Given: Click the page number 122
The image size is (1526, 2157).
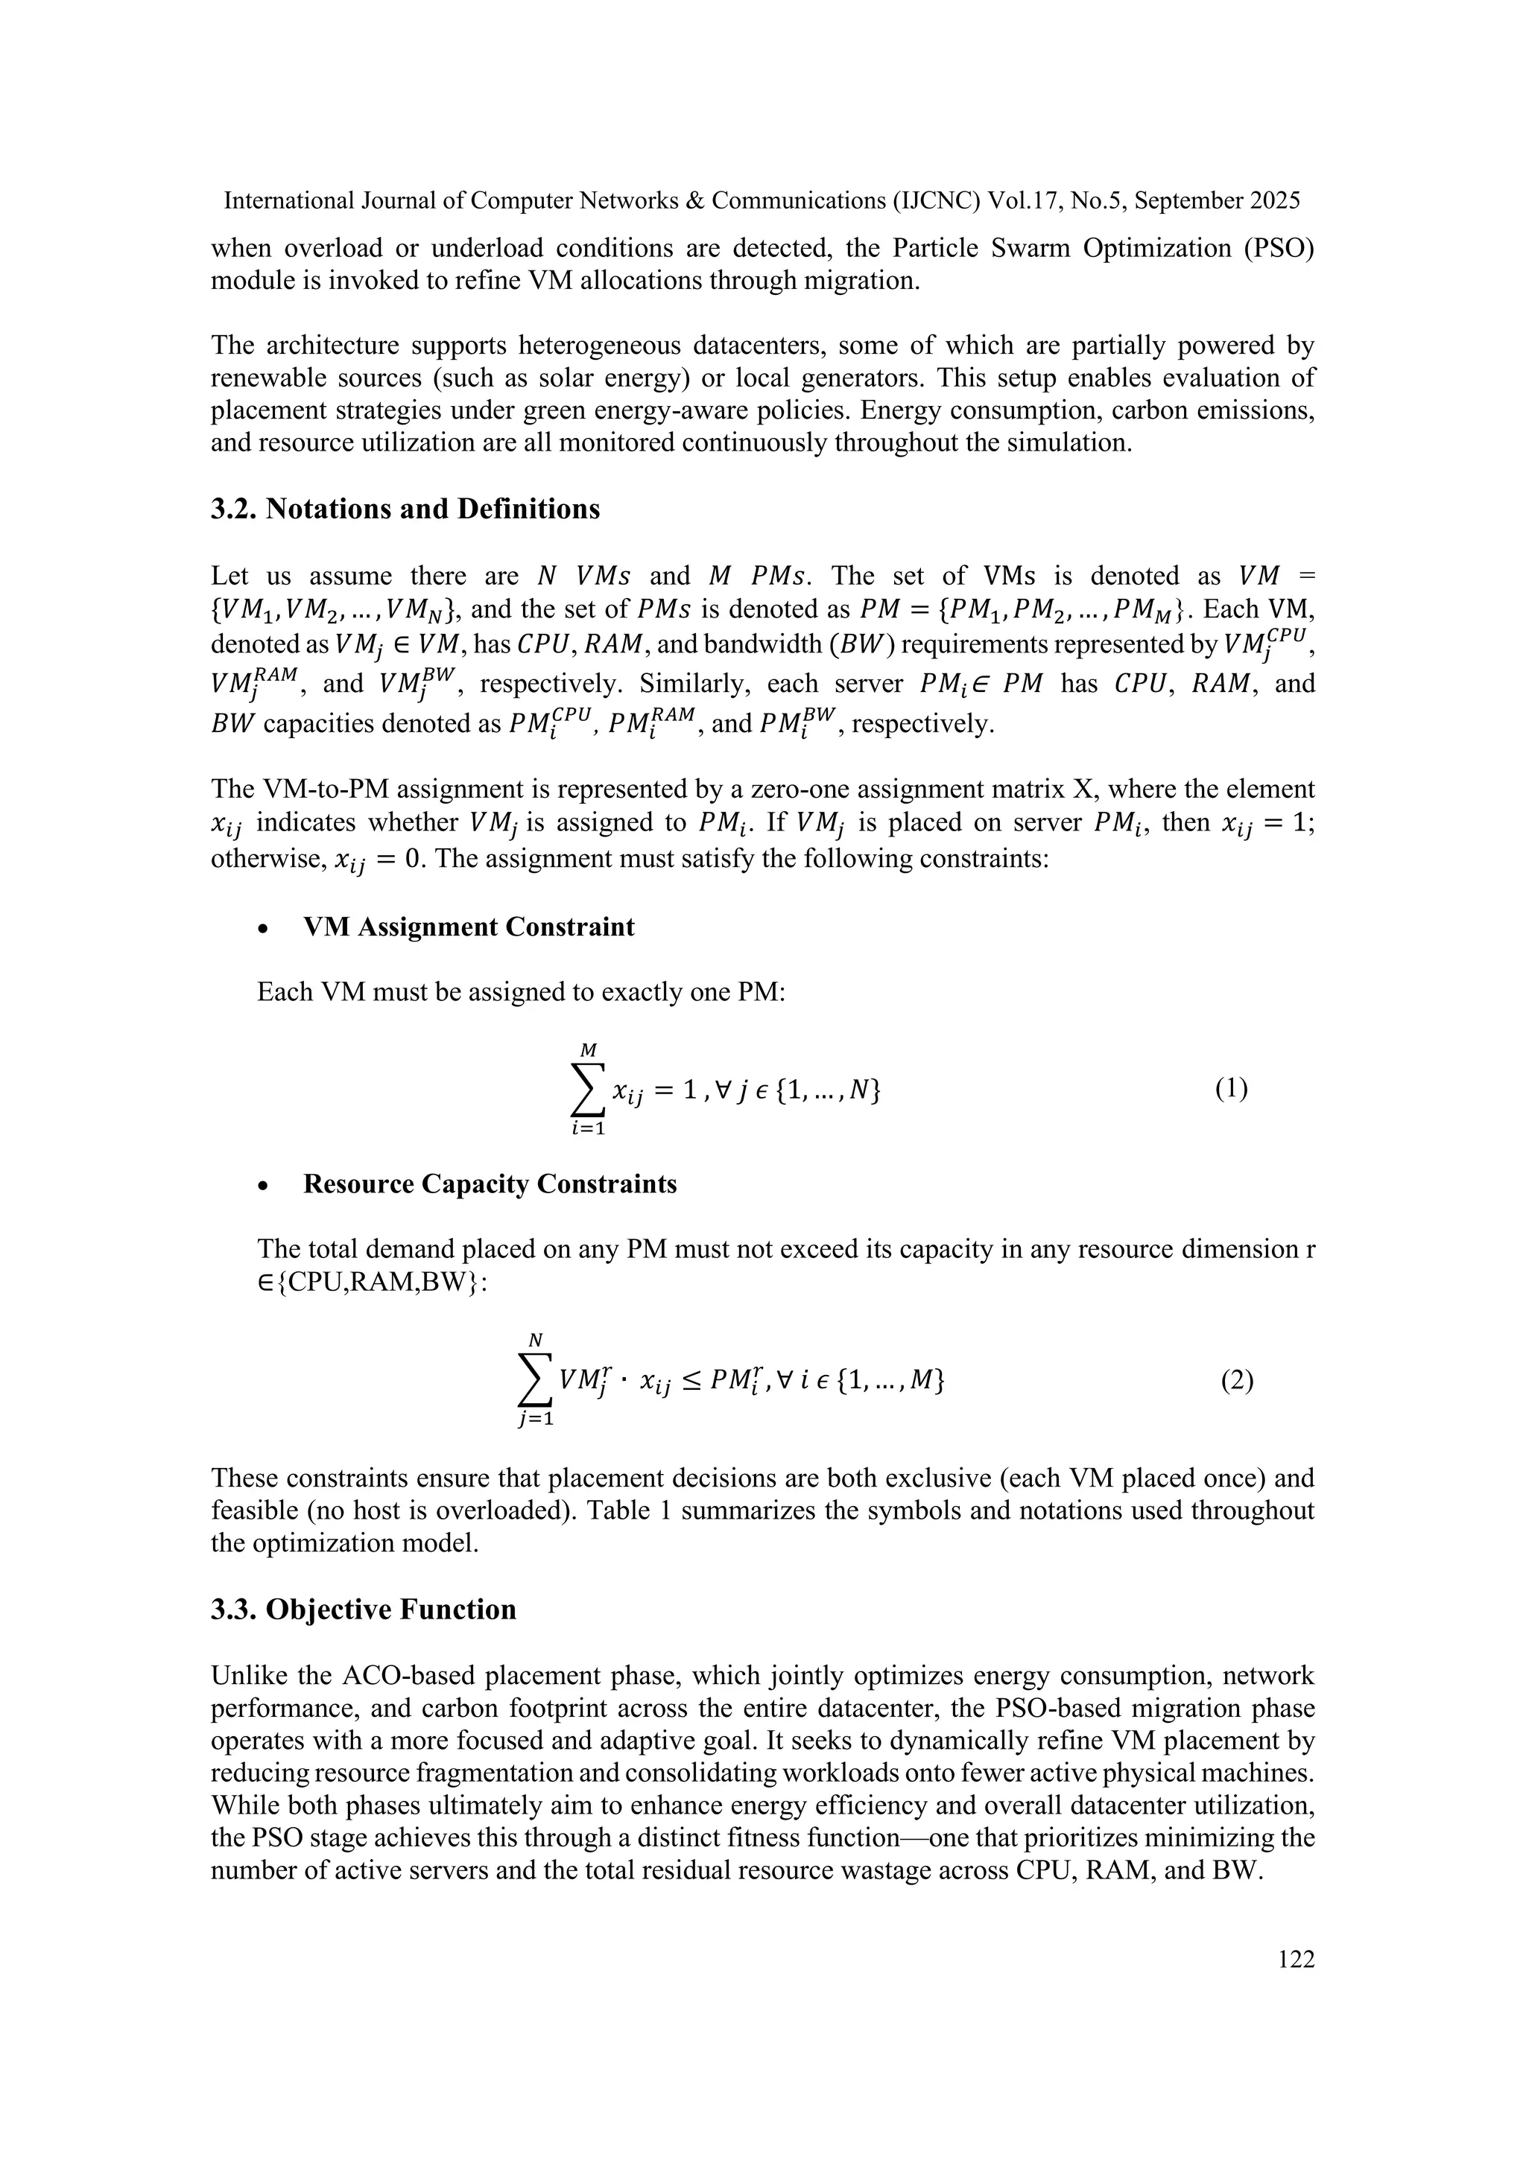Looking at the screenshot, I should (1296, 1959).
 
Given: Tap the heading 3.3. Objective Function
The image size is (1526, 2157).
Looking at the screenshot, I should (364, 1610).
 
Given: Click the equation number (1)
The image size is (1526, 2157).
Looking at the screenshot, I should (1231, 1089).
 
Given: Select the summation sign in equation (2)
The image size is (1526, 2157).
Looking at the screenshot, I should (536, 1381).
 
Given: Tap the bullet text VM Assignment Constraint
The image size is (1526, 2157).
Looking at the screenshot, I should (468, 927).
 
